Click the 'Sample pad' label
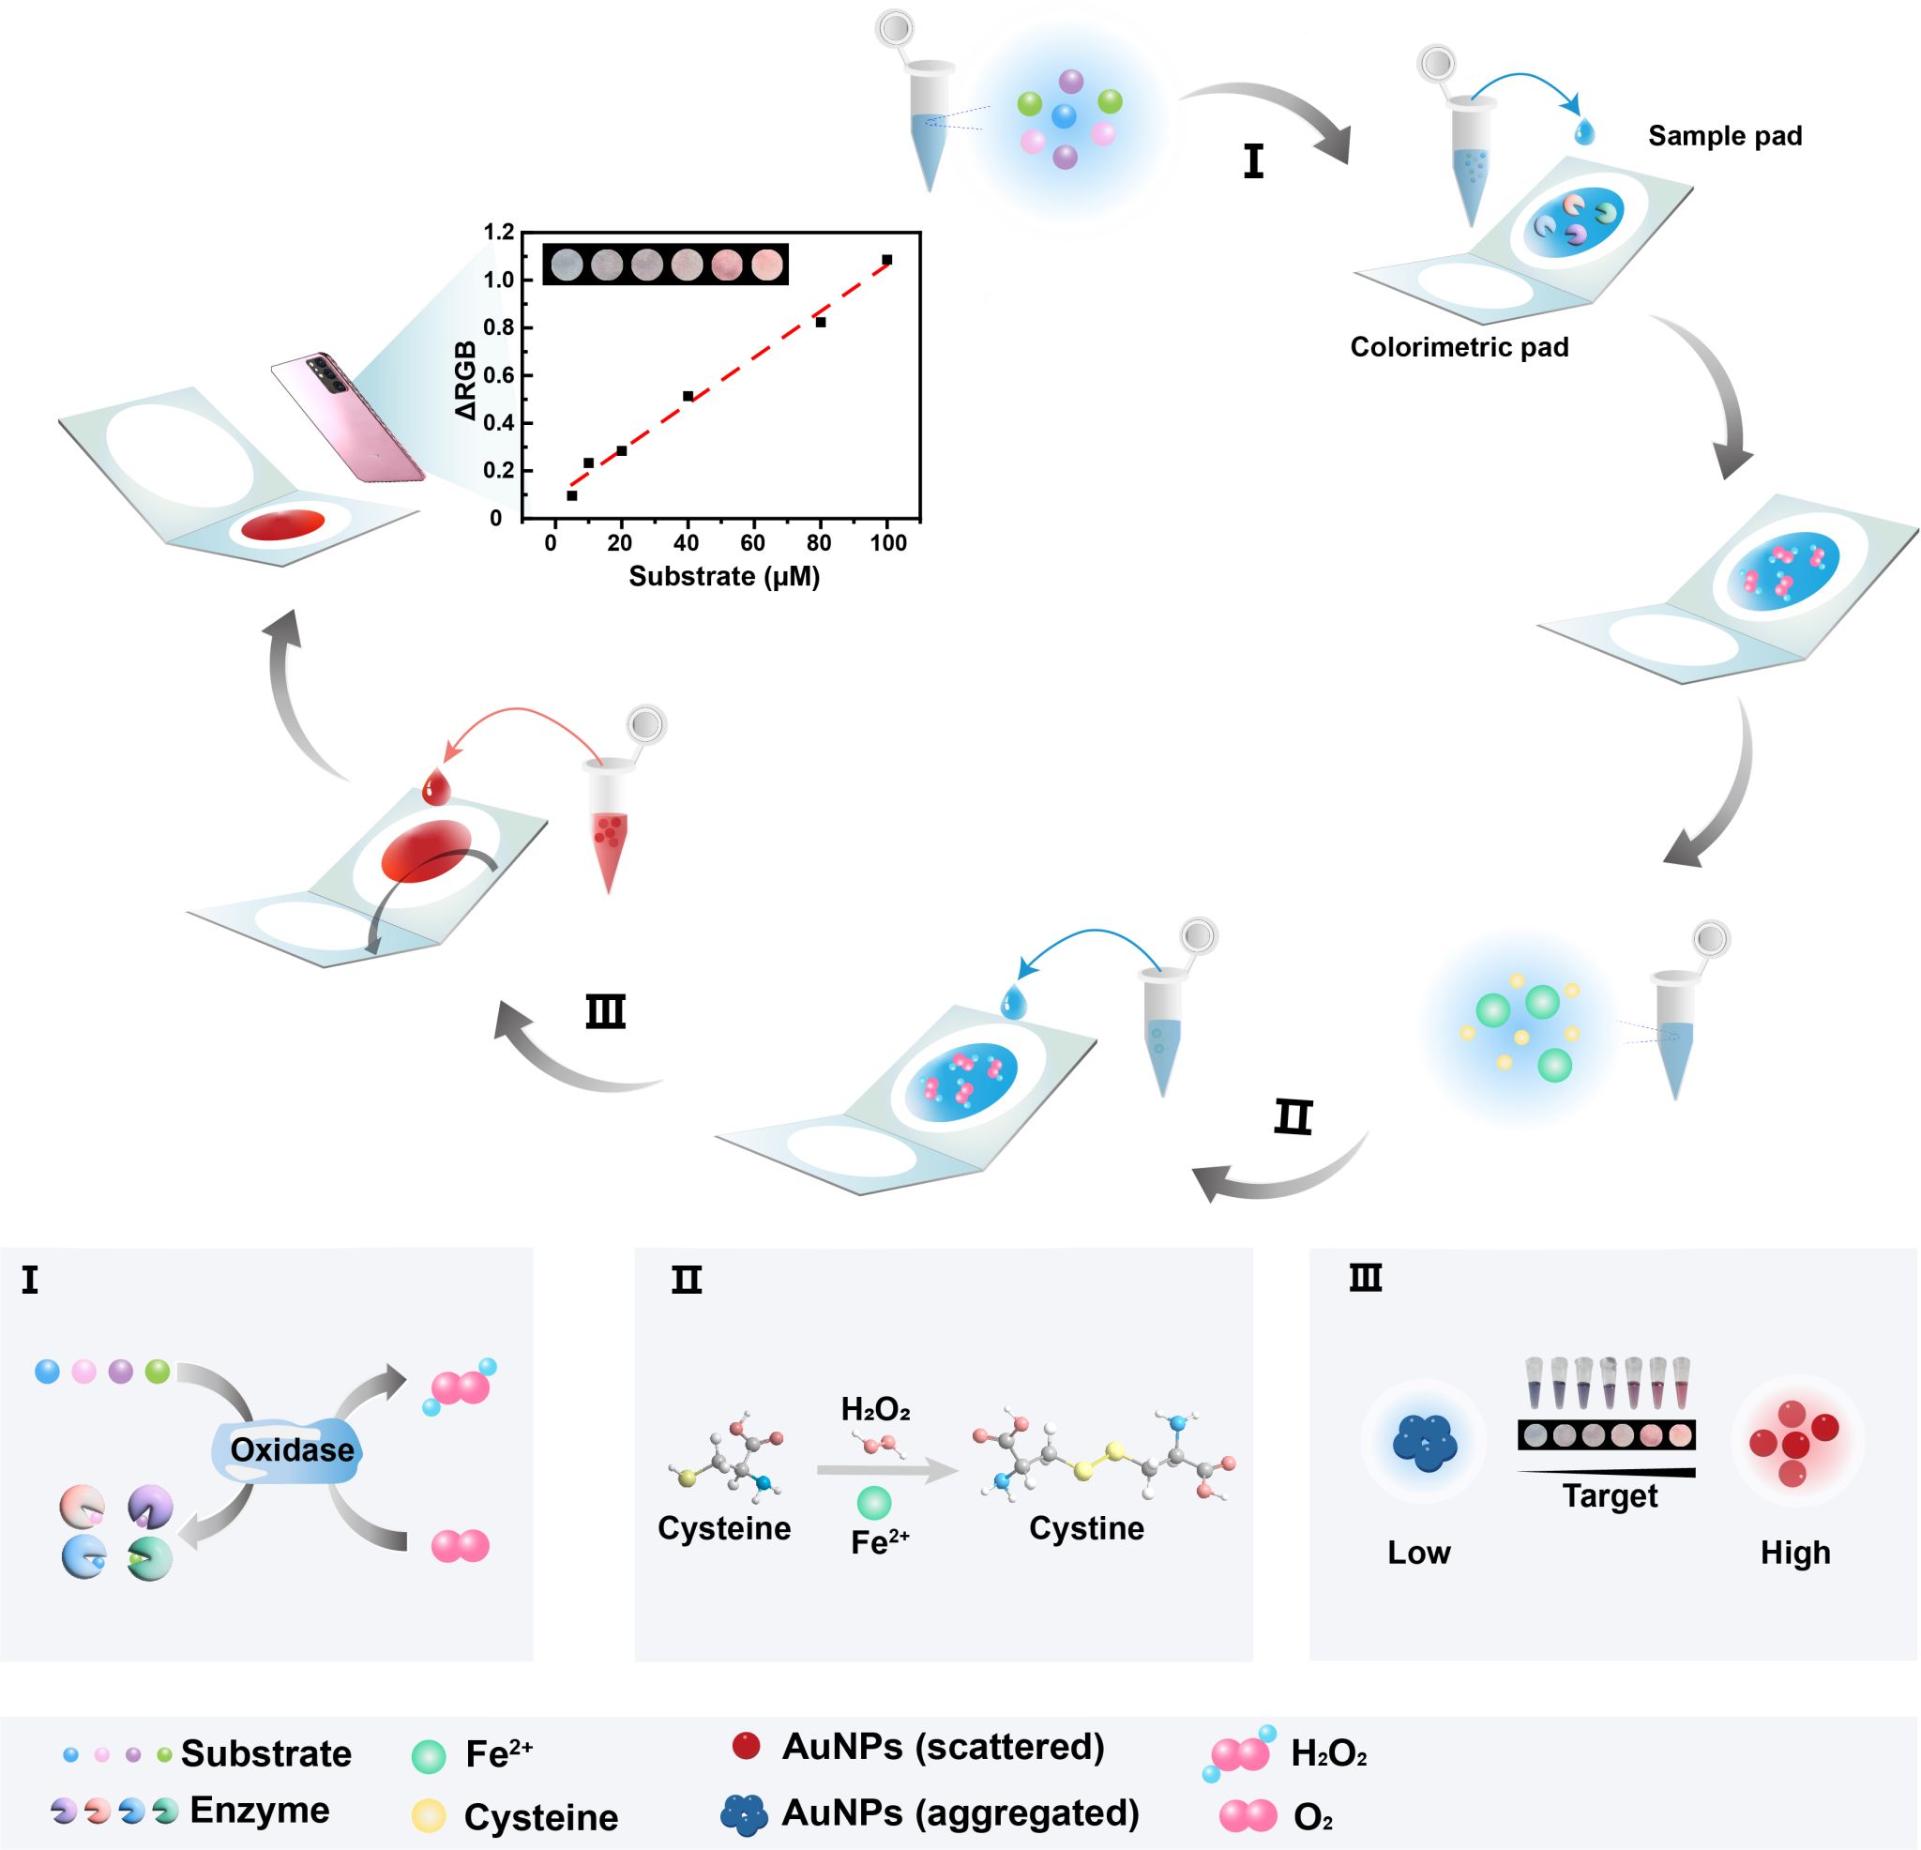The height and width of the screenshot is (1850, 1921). (x=1724, y=136)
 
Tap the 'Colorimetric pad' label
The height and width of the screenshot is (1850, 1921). (x=1459, y=347)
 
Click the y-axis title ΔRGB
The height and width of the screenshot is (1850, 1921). (x=466, y=380)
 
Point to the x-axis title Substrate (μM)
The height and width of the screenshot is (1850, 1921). (x=723, y=576)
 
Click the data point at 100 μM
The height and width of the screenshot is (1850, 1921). (x=887, y=260)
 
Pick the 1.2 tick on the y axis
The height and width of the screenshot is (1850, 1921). (x=499, y=233)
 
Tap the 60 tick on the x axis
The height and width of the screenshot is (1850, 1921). (x=752, y=543)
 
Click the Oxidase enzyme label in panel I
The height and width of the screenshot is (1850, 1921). (x=291, y=1450)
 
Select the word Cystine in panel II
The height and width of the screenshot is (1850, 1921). (x=1086, y=1528)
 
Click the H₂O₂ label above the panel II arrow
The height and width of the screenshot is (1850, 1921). (x=875, y=1410)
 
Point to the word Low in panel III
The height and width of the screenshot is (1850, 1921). (x=1418, y=1553)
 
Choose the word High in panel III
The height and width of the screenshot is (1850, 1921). (x=1794, y=1553)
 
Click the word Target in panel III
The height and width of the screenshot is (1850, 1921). (x=1610, y=1496)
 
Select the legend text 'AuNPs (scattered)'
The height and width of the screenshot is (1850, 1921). (x=943, y=1747)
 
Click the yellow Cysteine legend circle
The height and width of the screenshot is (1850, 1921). (x=429, y=1816)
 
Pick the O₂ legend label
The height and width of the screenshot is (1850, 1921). (x=1312, y=1818)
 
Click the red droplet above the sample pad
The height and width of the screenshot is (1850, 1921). (x=435, y=787)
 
